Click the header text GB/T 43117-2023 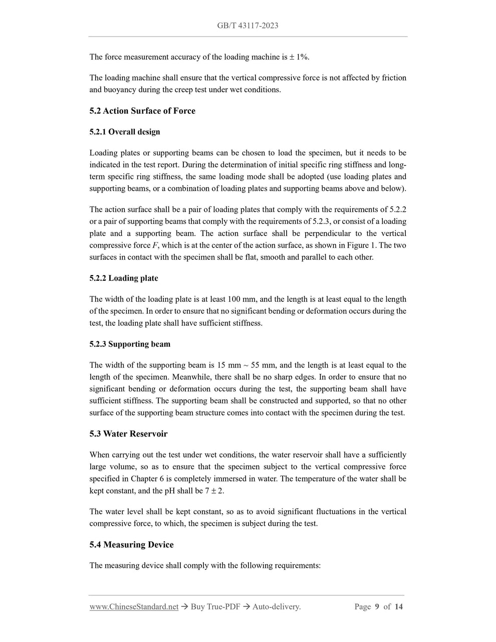(247, 26)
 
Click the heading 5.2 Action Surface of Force (142, 111)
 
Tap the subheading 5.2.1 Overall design (125, 132)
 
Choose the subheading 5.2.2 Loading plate (124, 278)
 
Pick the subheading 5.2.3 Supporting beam (130, 344)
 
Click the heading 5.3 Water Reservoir (128, 434)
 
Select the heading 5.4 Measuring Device (131, 545)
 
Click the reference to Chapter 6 (147, 479)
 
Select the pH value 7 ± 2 (214, 491)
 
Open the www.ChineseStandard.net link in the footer (134, 607)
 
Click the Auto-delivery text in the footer (276, 607)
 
